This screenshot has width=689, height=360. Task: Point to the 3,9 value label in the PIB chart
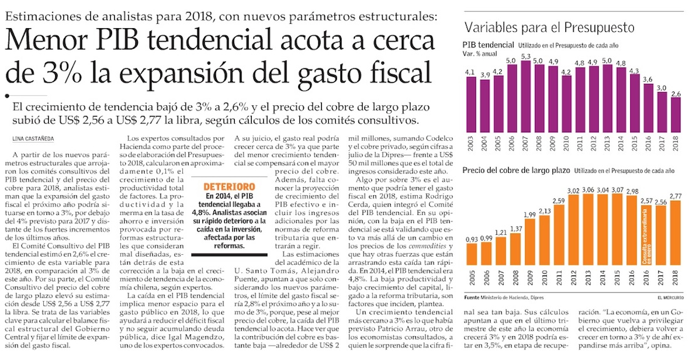(x=484, y=76)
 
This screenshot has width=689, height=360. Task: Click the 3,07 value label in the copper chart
(x=617, y=190)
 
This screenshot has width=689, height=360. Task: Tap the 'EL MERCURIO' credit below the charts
(x=671, y=296)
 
